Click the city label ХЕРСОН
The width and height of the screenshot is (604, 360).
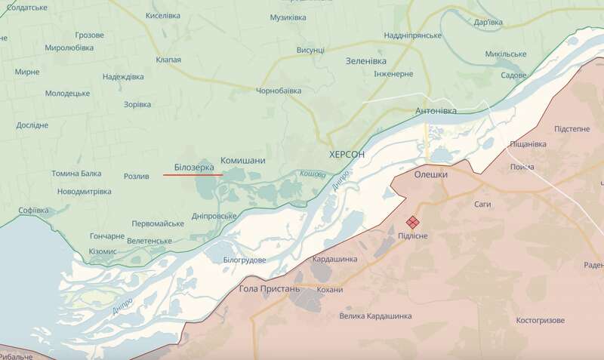(347, 154)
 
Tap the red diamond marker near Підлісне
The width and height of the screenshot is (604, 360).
(413, 222)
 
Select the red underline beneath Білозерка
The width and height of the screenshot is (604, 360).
(193, 174)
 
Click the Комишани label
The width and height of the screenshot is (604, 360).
(242, 162)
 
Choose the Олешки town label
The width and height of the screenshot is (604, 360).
(431, 174)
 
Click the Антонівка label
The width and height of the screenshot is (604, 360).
(436, 111)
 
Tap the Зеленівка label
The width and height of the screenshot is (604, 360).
(366, 60)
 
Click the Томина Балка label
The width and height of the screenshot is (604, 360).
(75, 174)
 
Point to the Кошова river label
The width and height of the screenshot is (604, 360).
(312, 174)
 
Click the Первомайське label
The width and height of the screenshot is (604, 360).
(158, 224)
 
